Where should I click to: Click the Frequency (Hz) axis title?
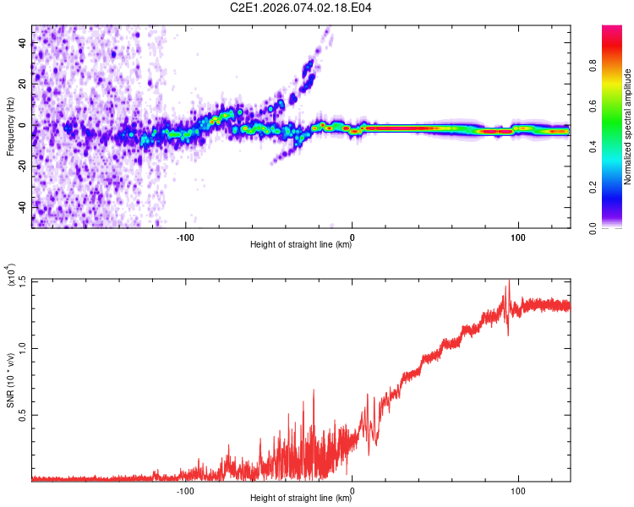tap(10, 127)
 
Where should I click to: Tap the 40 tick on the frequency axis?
tap(22, 44)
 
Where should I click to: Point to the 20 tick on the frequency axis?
tap(22, 84)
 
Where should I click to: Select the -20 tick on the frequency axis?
tap(20, 166)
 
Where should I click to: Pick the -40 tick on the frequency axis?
tap(20, 206)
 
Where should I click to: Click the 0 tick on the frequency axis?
tap(25, 125)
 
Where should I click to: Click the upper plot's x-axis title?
tap(301, 245)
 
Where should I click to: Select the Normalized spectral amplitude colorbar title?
tap(628, 127)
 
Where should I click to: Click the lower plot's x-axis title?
tap(301, 499)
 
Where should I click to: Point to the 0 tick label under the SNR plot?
tap(352, 489)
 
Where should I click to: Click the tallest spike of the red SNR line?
tap(508, 282)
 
